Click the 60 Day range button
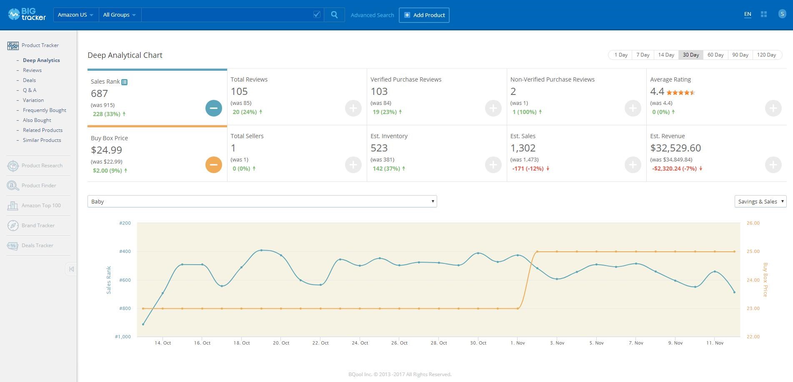pos(715,55)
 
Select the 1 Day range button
pos(620,55)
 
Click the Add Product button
pos(424,15)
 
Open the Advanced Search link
pos(372,15)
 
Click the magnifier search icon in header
pos(334,15)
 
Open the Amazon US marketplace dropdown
pos(76,15)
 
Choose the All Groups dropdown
pos(120,15)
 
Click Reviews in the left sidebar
pos(32,70)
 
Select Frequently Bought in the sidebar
pos(45,110)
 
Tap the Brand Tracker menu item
pos(38,226)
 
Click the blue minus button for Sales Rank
pos(214,108)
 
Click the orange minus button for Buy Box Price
pos(214,165)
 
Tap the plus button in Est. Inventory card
pos(493,165)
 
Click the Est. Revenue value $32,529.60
pos(675,148)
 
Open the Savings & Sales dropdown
pos(760,201)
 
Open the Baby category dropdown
pos(262,201)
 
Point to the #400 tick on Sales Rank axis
pos(125,251)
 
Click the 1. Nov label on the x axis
pos(518,343)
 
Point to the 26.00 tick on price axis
pos(753,223)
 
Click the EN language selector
pos(748,14)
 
